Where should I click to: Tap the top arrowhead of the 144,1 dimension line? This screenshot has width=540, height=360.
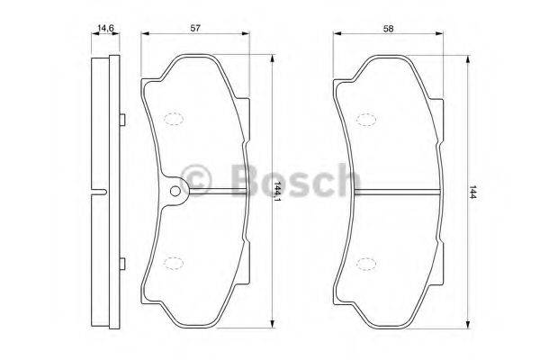(x=273, y=57)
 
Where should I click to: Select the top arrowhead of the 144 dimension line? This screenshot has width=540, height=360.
(x=466, y=57)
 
